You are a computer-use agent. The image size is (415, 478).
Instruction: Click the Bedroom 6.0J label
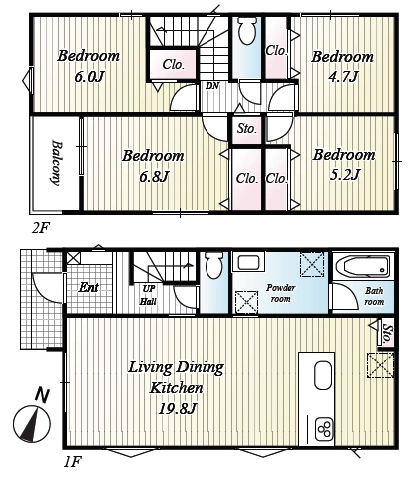[88, 66]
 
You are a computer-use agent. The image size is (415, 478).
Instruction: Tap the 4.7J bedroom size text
[343, 77]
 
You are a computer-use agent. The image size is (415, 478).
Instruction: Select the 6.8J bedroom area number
[153, 177]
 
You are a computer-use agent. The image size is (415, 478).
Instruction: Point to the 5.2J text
[344, 174]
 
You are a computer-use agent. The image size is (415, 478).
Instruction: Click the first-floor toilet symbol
[213, 265]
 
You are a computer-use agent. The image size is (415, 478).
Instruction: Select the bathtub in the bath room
[363, 267]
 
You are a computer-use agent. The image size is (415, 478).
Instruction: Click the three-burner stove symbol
[324, 429]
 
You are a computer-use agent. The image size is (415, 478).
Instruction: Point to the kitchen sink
[323, 375]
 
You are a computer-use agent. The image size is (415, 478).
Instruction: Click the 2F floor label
[41, 228]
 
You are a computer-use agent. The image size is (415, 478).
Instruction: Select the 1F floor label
[72, 462]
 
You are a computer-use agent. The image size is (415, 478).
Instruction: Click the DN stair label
[212, 86]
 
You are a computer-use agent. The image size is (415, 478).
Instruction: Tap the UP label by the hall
[149, 289]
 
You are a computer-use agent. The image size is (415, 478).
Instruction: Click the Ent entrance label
[88, 287]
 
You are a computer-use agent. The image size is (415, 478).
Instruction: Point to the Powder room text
[281, 293]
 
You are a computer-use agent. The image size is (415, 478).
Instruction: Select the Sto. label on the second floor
[247, 128]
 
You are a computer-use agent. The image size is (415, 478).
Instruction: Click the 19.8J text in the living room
[176, 409]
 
